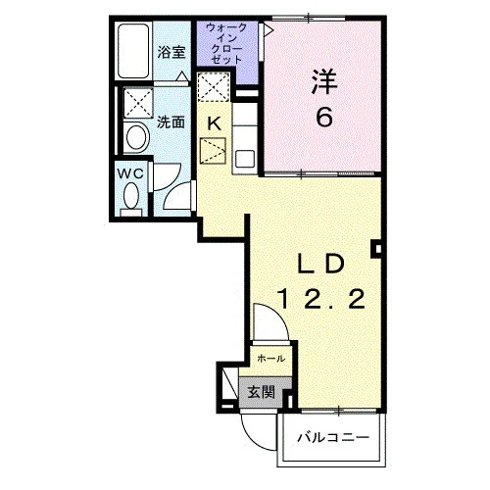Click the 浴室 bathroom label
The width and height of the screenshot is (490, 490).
pos(171,53)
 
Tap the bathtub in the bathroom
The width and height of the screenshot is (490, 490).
pos(133,51)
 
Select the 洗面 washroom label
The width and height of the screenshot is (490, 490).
pos(171,122)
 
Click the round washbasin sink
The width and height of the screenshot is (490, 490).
pos(138,137)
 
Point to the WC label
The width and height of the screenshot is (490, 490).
pos(130,173)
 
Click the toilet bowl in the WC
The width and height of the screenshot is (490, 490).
pos(131,195)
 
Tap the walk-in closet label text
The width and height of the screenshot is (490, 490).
pos(226,43)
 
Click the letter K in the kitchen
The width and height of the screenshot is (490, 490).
pos(215,123)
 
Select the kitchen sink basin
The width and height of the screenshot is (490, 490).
pos(245,159)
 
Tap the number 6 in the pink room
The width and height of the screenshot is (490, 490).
pos(324,117)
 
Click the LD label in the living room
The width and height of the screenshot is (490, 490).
pos(321,264)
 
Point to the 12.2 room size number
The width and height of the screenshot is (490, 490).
pos(321,300)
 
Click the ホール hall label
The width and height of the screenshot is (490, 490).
pos(270,359)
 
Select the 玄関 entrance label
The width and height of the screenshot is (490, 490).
pos(261,392)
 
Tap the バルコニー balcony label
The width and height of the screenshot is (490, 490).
pos(333,437)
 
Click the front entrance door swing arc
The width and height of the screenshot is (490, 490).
pos(249,439)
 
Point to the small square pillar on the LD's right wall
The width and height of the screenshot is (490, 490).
pos(376,249)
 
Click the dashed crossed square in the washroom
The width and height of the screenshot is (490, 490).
pos(138,102)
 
